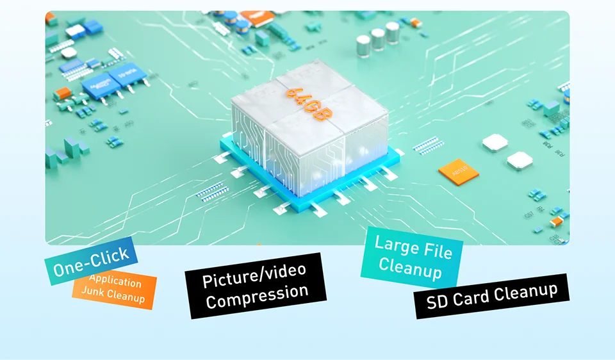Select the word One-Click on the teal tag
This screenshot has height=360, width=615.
[x=91, y=259]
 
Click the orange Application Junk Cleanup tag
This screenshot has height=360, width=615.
[x=115, y=290]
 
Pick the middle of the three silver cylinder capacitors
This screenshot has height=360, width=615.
[x=379, y=40]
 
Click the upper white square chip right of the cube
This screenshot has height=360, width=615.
[x=495, y=142]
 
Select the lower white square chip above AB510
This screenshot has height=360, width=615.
[x=520, y=160]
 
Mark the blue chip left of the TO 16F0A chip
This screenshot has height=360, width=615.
[x=97, y=86]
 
